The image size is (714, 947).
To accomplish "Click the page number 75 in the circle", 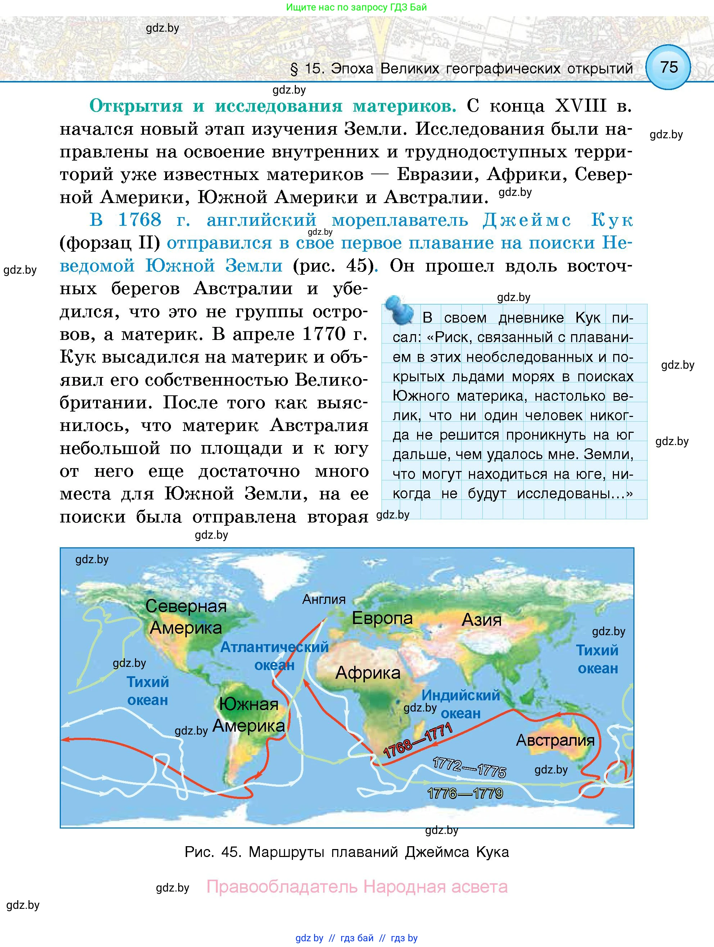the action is (x=669, y=67).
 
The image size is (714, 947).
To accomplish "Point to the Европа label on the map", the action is (x=382, y=618).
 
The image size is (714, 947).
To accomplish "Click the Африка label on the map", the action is (x=367, y=673).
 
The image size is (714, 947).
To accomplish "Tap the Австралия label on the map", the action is (x=555, y=740).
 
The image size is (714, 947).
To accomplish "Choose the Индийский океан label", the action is (x=460, y=704).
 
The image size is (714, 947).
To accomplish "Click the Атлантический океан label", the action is (x=274, y=655).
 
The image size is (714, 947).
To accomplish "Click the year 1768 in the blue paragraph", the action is (x=140, y=220).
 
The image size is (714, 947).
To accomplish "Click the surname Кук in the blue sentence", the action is (x=611, y=220).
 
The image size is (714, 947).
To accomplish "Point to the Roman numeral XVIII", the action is (x=580, y=106).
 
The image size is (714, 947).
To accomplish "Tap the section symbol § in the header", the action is (x=294, y=69).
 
